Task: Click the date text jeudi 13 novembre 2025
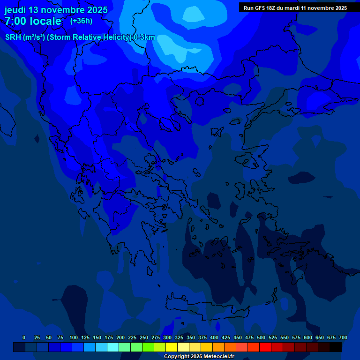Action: (x=56, y=10)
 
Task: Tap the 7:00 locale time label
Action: (x=33, y=21)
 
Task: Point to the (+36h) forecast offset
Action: (x=81, y=21)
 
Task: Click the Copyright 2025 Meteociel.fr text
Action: (x=199, y=356)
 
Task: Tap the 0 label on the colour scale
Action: (x=24, y=337)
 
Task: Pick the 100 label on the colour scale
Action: (x=74, y=337)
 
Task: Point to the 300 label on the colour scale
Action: (x=167, y=337)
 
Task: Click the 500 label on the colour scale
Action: (x=261, y=337)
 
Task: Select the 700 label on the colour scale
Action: (x=343, y=337)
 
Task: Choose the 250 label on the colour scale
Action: (x=144, y=337)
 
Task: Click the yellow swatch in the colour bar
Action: (x=172, y=347)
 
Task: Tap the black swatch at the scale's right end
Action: (x=336, y=347)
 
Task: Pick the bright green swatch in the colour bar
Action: (x=148, y=347)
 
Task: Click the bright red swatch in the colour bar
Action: (x=265, y=347)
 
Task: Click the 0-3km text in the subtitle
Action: (x=144, y=37)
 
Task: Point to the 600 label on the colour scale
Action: (x=308, y=337)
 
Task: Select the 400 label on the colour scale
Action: (x=214, y=337)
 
